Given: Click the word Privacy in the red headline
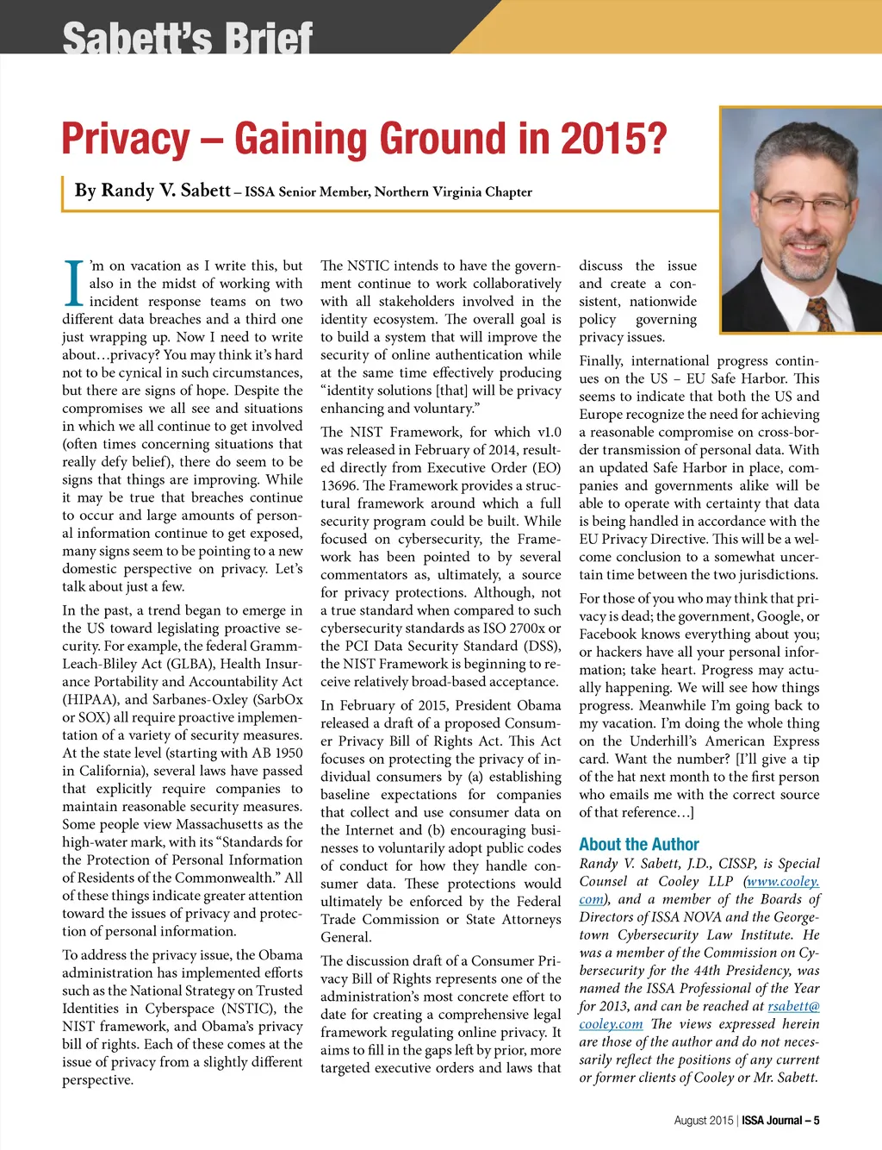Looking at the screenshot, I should pos(126,140).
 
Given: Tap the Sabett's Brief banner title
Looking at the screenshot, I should pos(187,38).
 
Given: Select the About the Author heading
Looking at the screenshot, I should pos(638,845).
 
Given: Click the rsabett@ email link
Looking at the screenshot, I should pos(793,1006).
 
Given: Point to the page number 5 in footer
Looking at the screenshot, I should pos(816,1121).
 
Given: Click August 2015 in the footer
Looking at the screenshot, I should pos(703,1121).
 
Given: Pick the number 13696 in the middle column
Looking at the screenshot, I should pos(339,485).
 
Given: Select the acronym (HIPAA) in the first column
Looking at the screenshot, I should pos(91,699).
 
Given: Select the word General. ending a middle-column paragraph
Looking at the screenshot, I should pos(346,937).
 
